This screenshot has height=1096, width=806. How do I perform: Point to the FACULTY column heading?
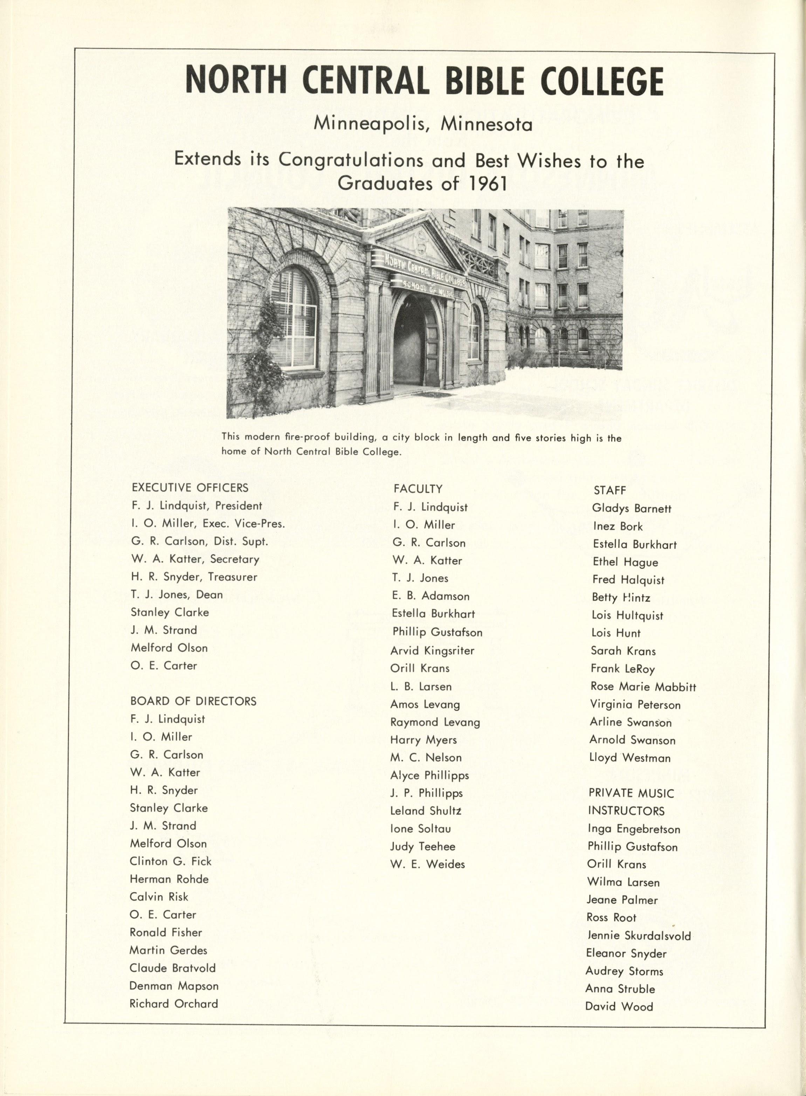coord(418,489)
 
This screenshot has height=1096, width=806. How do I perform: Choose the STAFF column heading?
coord(609,490)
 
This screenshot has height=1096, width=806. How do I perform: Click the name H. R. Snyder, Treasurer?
coord(194,577)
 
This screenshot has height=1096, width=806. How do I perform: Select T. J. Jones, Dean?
coord(177,594)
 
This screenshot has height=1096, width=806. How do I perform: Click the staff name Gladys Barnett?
coord(632,508)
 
